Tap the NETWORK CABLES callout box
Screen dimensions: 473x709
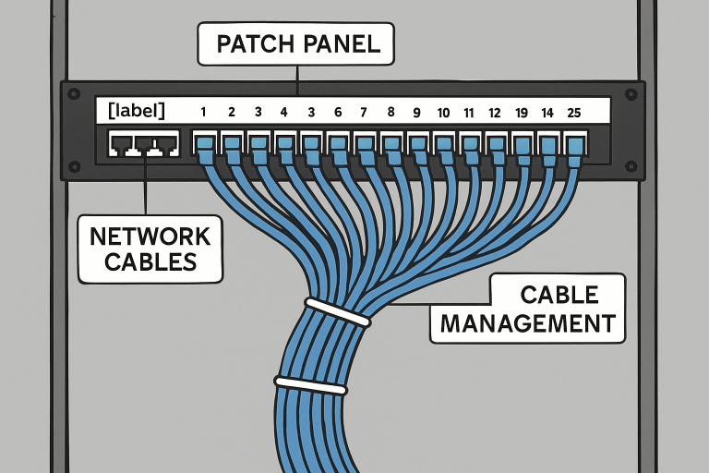[150, 248]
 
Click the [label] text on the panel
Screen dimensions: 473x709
[137, 111]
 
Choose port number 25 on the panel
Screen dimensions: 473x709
[575, 112]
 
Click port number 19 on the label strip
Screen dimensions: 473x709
[522, 112]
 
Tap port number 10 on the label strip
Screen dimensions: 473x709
[443, 112]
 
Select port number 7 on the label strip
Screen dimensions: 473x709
[364, 112]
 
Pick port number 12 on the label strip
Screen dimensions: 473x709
[495, 112]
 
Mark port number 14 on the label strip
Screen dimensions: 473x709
[548, 112]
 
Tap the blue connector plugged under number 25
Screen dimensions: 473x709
[576, 145]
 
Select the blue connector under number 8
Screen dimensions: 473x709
[391, 145]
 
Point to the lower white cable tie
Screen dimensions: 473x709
[310, 383]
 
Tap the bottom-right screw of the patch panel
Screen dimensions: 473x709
[631, 166]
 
